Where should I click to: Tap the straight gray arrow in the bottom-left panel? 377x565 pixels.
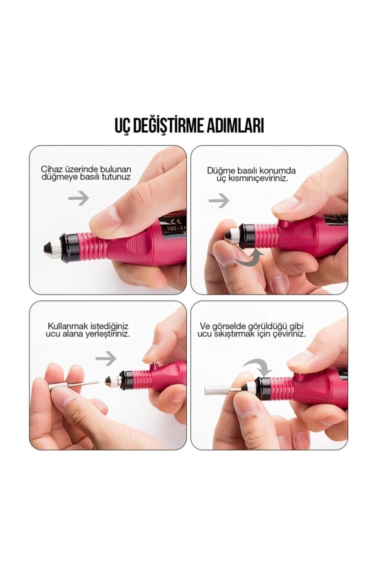tap(106, 358)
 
